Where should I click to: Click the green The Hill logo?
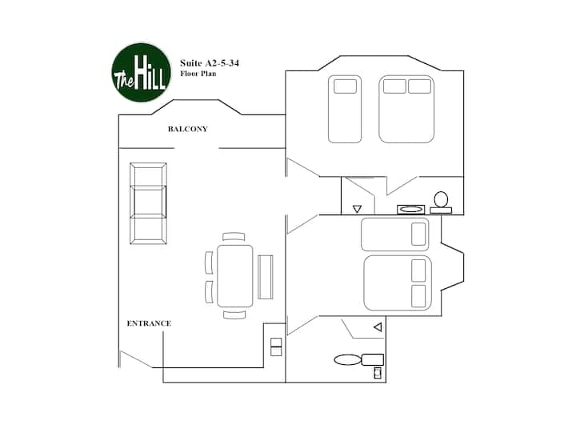142,72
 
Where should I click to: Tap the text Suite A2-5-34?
210,63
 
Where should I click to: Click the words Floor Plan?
198,74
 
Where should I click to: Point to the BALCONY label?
188,129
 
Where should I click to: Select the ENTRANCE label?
149,323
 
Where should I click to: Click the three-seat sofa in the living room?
148,203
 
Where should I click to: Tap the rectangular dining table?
235,276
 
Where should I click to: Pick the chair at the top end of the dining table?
234,236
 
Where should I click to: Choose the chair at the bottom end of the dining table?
234,315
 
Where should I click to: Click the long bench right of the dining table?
266,277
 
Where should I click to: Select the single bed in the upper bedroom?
345,109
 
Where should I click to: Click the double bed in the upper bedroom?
406,109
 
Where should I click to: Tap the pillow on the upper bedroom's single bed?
346,86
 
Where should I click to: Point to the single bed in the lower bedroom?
395,235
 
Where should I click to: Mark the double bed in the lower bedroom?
398,283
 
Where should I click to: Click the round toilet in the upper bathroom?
441,202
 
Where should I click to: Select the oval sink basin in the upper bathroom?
411,210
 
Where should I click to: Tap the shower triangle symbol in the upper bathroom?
357,209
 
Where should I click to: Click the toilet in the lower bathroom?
359,359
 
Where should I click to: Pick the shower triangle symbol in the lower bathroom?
378,327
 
